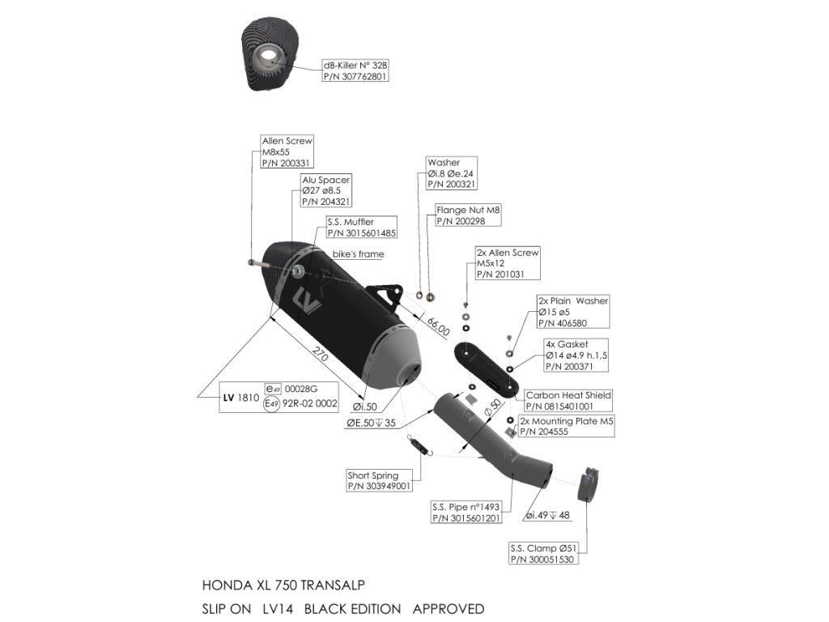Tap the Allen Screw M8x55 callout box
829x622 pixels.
point(287,151)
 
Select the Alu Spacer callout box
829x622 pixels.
point(326,190)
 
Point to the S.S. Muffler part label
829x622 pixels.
point(361,228)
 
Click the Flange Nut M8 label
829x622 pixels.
point(468,215)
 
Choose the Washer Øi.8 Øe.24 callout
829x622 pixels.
point(454,173)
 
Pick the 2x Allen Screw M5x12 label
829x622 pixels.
point(507,264)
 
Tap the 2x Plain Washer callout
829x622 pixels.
point(573,312)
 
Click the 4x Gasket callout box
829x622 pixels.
point(576,356)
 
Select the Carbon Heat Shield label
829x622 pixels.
point(568,400)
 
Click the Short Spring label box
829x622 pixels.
point(379,481)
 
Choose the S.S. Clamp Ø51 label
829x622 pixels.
point(543,553)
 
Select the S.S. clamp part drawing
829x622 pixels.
point(589,484)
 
